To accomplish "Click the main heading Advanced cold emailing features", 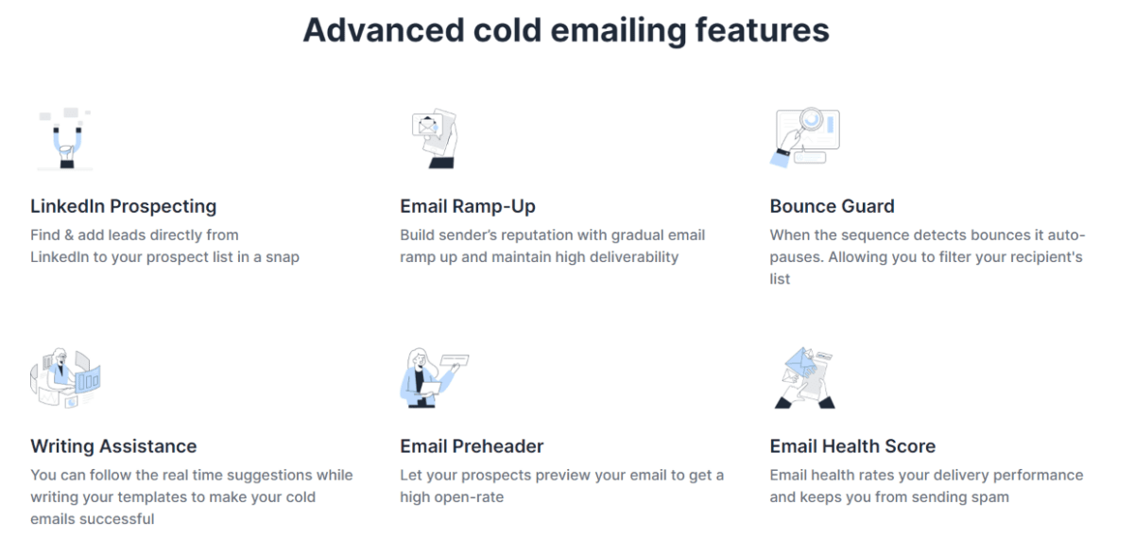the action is tap(566, 30).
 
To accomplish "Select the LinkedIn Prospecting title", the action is tap(124, 206).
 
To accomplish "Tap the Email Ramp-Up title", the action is tap(468, 206).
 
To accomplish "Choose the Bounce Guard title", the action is tap(833, 206).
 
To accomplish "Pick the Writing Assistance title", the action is tap(113, 446).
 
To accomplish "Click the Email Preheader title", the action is tap(472, 446).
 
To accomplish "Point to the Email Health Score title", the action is tap(852, 446).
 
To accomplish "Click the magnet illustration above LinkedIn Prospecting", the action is tap(65, 138).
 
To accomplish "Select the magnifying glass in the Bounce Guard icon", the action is tap(811, 121).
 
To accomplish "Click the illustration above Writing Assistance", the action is tap(65, 378).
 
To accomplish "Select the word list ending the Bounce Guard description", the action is tap(780, 279).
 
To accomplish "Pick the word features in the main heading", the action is tap(763, 30).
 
